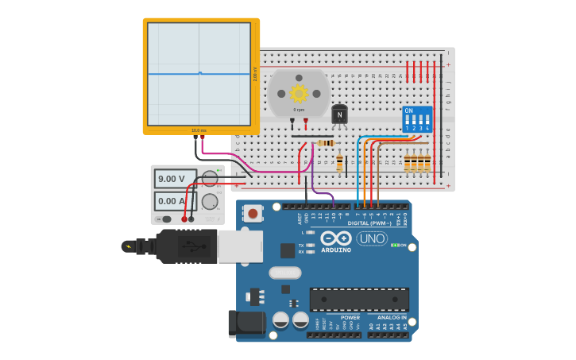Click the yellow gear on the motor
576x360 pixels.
299,93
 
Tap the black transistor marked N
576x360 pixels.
339,114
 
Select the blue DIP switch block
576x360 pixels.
417,118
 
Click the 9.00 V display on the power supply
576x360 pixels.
176,179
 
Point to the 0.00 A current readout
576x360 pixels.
176,200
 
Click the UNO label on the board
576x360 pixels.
371,238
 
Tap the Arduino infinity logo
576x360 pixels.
336,238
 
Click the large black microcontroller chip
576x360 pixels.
359,300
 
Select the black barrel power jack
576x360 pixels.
246,323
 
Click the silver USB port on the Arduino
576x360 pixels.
240,246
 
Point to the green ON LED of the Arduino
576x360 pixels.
395,245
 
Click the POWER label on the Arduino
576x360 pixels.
350,317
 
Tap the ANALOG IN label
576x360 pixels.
392,317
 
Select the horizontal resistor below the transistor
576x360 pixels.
326,143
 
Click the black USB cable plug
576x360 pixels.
186,246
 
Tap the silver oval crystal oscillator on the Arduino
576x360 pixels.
285,273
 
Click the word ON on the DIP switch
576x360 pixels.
409,110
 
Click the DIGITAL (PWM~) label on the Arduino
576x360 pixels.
368,223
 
